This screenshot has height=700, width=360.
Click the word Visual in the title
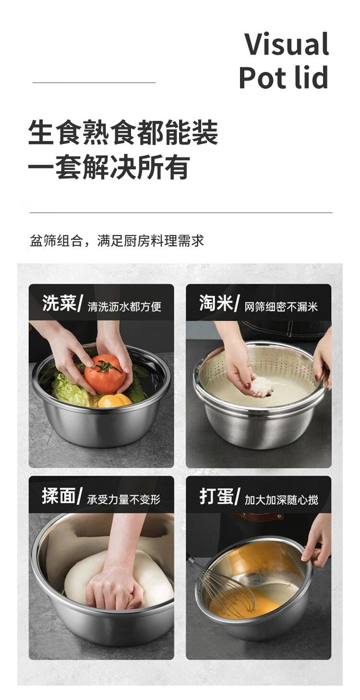coord(286,44)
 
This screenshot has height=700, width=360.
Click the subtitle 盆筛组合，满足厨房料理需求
coord(117,241)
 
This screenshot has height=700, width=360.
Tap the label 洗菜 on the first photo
coord(60,303)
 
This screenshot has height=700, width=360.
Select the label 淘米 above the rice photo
coord(216,303)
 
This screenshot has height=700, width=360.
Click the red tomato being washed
coord(105,374)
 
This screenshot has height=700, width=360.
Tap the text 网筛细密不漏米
coord(281,307)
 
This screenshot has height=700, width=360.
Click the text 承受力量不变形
coord(124,499)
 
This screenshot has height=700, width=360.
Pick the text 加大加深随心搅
coord(281,499)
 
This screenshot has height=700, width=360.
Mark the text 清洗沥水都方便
coord(124,307)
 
